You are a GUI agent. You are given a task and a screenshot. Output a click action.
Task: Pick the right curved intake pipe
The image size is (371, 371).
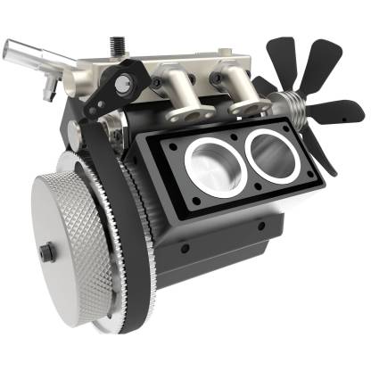237,90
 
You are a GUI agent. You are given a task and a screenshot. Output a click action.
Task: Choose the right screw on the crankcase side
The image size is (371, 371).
262,226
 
